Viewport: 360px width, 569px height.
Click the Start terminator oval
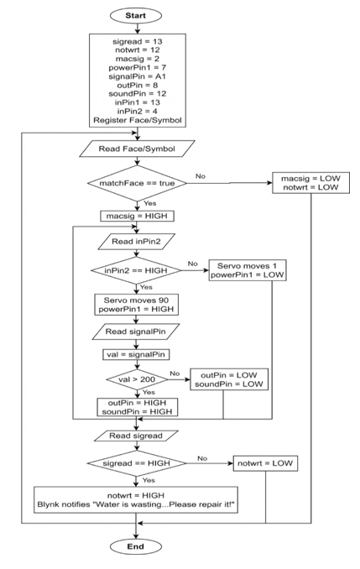click(135, 16)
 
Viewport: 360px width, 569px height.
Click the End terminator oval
click(136, 546)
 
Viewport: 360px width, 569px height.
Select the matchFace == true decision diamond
click(137, 183)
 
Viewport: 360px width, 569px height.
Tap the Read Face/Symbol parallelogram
click(137, 149)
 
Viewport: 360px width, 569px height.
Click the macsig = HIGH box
click(137, 216)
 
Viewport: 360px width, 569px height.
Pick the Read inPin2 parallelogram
click(136, 242)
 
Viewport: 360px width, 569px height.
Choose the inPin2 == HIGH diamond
click(136, 270)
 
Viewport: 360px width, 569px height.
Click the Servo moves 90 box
click(136, 305)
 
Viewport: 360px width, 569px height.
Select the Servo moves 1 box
click(248, 270)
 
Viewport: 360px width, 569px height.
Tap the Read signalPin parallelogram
click(136, 331)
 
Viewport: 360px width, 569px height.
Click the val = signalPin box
click(136, 354)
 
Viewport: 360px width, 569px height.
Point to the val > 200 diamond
click(137, 379)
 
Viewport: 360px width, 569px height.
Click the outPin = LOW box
click(229, 379)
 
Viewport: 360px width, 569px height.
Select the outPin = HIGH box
click(137, 407)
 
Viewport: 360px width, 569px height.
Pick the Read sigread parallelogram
click(136, 436)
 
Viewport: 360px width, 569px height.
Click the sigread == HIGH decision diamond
click(137, 463)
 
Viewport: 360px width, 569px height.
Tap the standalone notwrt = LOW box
click(265, 463)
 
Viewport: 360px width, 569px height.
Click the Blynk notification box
click(136, 500)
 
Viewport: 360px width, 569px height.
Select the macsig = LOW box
click(311, 183)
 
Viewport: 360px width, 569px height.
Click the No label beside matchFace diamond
click(201, 176)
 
